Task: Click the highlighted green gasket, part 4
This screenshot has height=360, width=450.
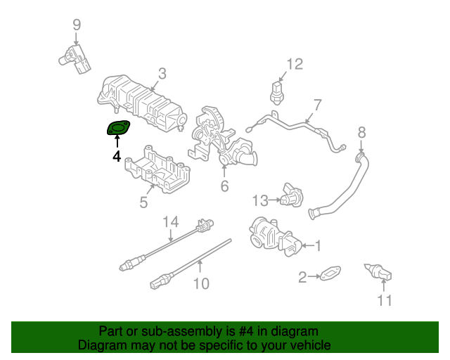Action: (118, 129)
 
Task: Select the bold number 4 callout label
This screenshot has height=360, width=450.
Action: (117, 155)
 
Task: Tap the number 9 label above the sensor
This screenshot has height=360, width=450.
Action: (77, 26)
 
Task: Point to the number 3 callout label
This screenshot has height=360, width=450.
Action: (162, 73)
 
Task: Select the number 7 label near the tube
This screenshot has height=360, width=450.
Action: (317, 105)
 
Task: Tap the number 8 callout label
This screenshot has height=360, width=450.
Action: (361, 131)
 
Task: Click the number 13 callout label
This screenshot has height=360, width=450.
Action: (261, 201)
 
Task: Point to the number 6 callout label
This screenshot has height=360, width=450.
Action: (224, 186)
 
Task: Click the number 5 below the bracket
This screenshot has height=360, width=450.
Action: (143, 202)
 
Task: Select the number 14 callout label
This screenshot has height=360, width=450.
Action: (171, 223)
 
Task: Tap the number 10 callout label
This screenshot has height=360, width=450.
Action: (201, 284)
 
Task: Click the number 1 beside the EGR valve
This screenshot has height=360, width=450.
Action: (318, 245)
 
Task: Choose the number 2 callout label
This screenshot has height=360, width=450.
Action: (302, 278)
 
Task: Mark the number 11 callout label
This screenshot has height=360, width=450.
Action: (383, 301)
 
